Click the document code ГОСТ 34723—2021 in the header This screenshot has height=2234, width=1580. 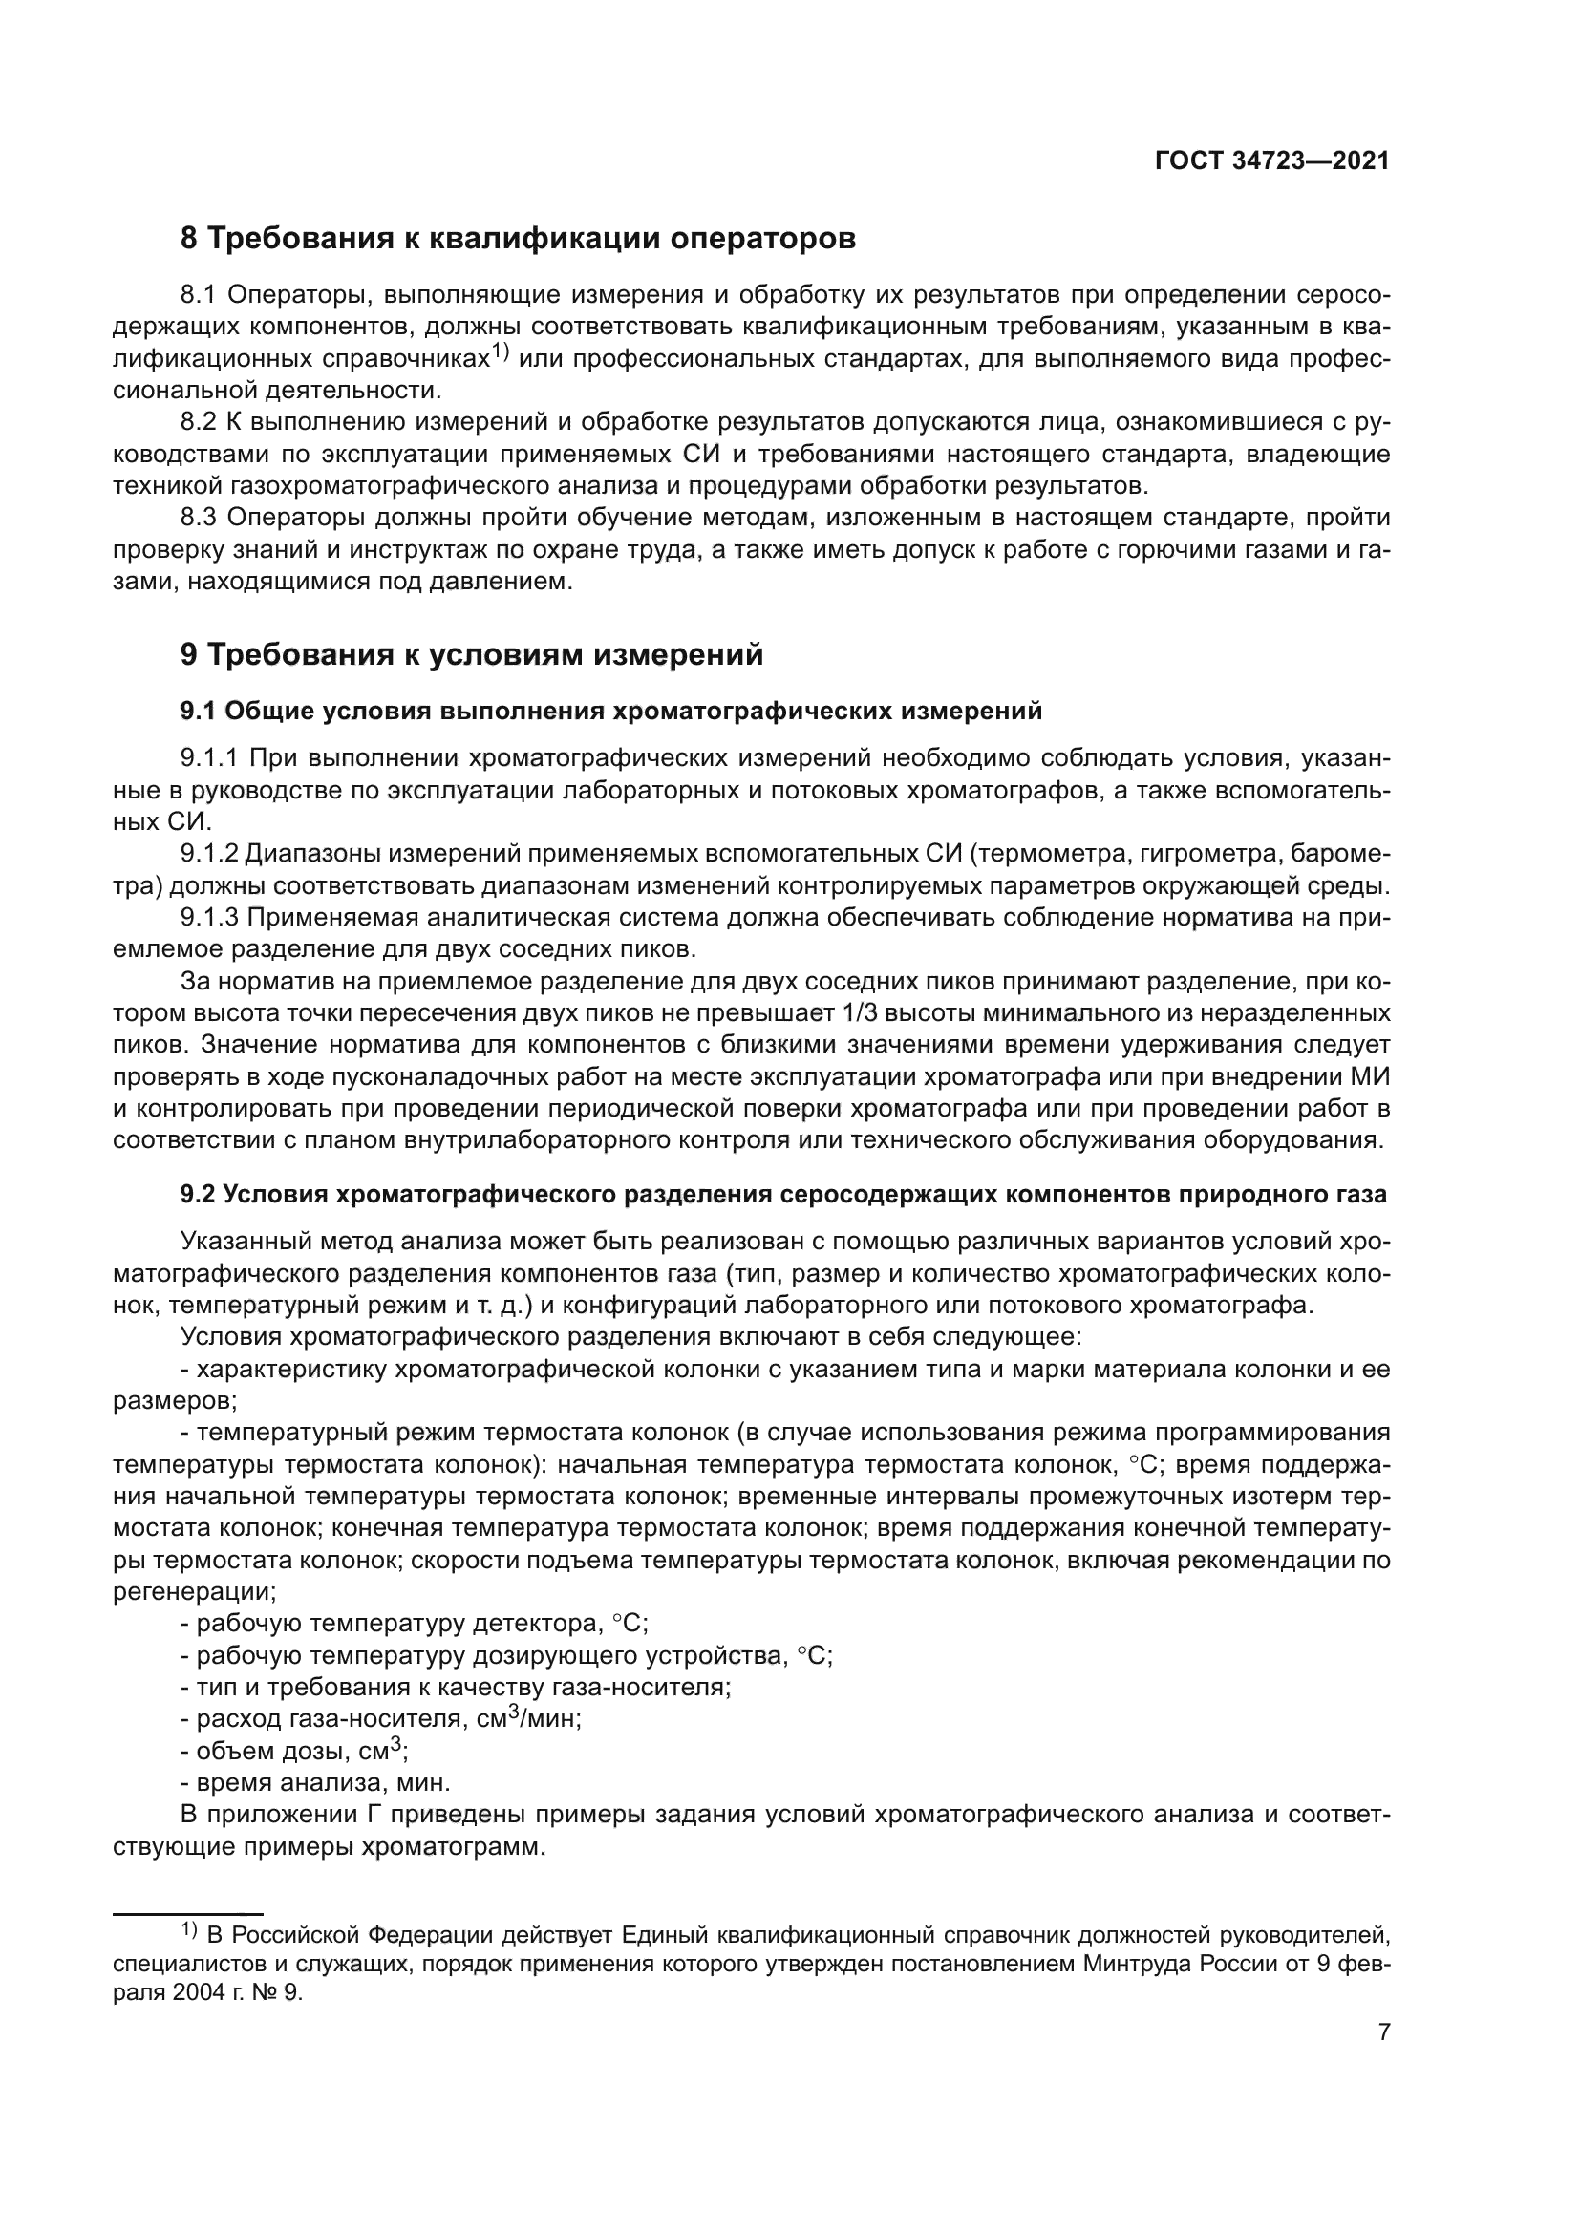pyautogui.click(x=1271, y=161)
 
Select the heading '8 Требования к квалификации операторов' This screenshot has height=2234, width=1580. pyautogui.click(x=518, y=239)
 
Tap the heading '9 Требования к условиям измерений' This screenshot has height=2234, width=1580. pyautogui.click(x=472, y=655)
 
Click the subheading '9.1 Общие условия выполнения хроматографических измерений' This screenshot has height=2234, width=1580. pyautogui.click(x=610, y=712)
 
